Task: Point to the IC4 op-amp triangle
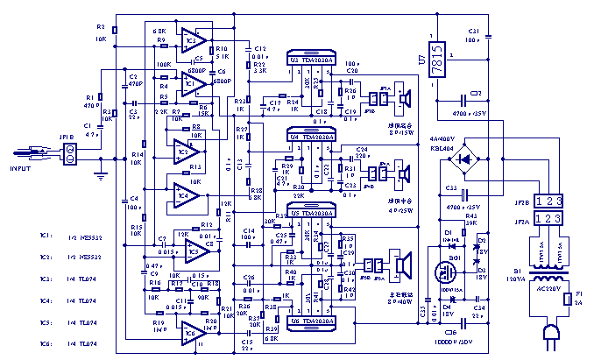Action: coord(185,191)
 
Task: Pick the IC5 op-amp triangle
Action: coord(195,251)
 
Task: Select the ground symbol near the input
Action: coord(101,176)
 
